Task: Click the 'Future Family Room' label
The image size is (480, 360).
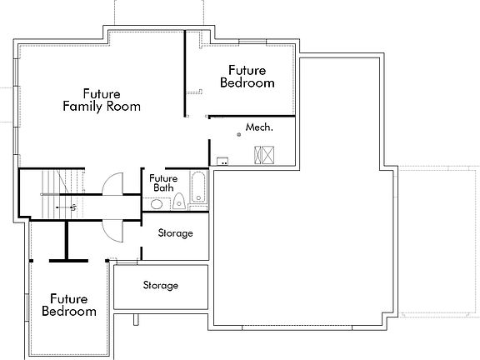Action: (101, 100)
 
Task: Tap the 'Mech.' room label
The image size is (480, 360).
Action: (259, 128)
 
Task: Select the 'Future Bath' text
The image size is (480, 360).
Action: (162, 182)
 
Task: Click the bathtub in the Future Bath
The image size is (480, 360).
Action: (198, 187)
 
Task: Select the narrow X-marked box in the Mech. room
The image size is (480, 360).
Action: (257, 154)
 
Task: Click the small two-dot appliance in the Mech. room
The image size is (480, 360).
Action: (222, 160)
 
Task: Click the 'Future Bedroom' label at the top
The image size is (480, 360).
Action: (247, 77)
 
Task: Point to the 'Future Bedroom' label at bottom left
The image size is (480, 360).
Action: (68, 304)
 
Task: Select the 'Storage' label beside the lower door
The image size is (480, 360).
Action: (175, 233)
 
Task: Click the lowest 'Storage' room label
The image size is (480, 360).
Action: (160, 286)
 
